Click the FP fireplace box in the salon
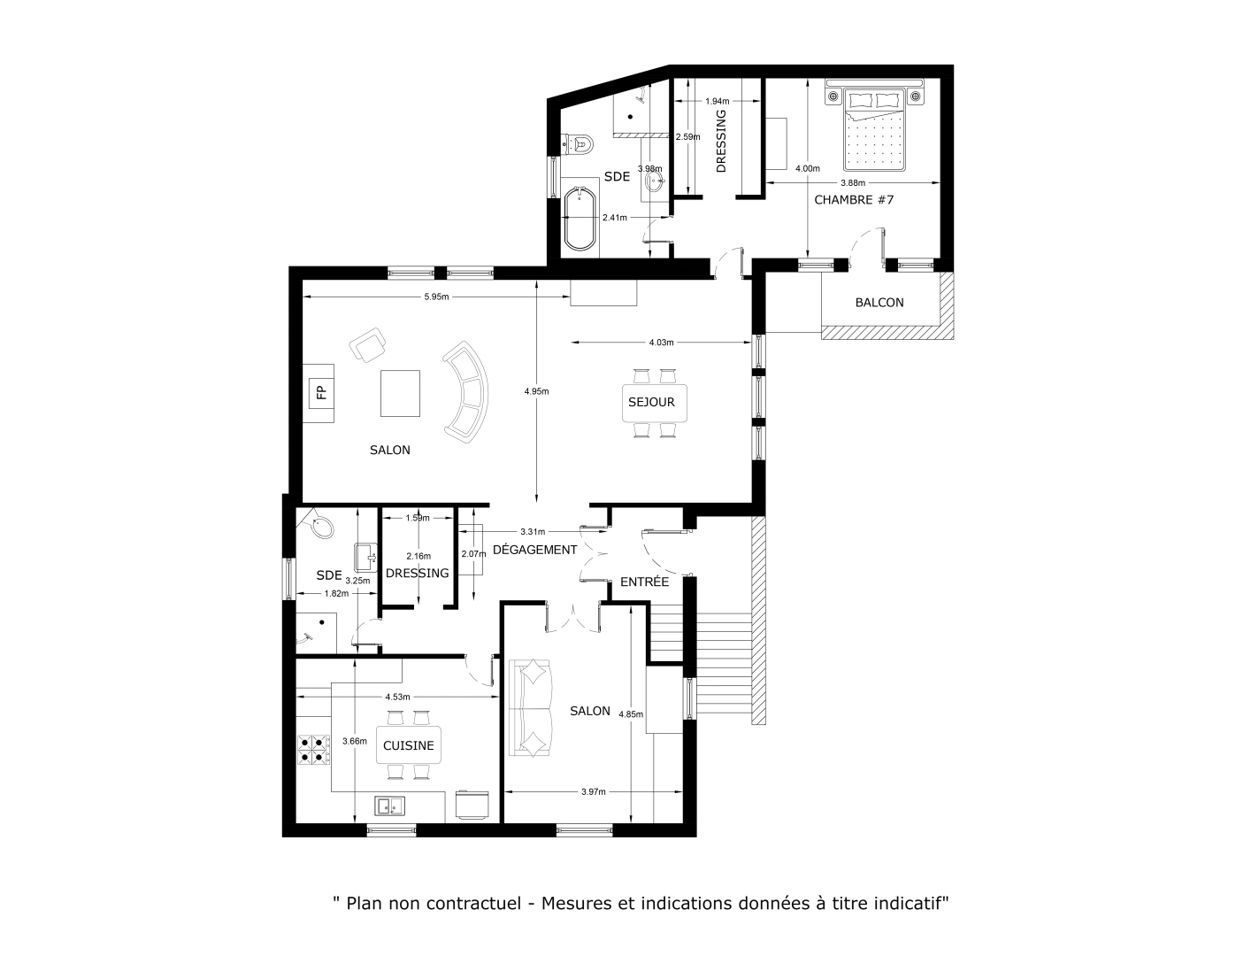tap(320, 392)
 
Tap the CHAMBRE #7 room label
tap(854, 200)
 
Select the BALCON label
tap(879, 303)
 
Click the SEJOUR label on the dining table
tap(652, 402)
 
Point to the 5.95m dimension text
tap(436, 297)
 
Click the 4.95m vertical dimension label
tap(536, 391)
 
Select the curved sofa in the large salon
tap(468, 392)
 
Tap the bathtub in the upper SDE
tap(580, 220)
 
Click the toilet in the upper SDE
tap(580, 142)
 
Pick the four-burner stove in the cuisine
tap(312, 750)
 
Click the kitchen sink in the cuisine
tap(389, 806)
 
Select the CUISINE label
tap(409, 745)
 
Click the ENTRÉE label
tap(644, 582)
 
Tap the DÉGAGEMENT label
tap(534, 550)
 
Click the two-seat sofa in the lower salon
tap(532, 707)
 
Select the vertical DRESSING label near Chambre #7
tap(720, 141)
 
